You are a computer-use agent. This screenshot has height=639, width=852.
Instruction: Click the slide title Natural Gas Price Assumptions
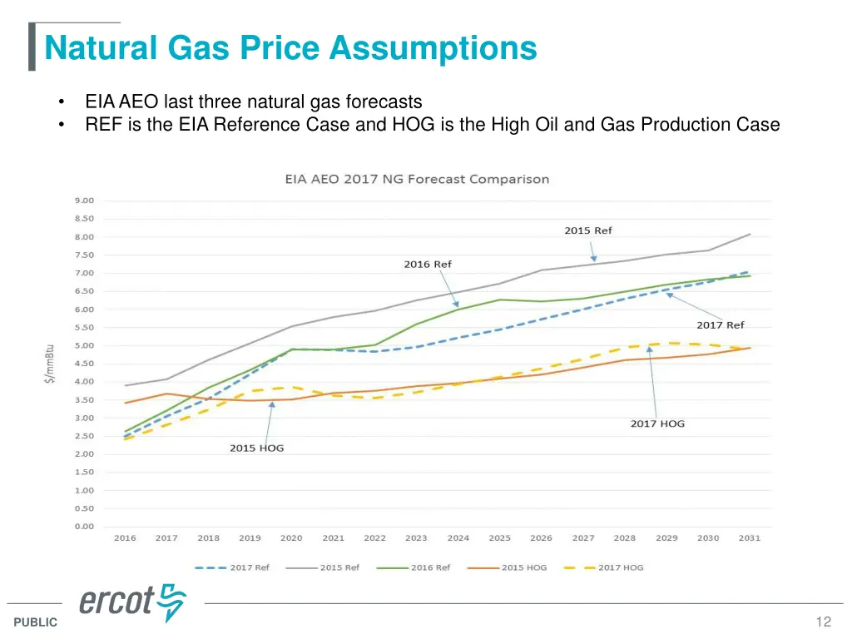click(x=290, y=47)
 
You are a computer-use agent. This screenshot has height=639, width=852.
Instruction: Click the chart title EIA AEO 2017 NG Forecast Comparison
click(x=417, y=179)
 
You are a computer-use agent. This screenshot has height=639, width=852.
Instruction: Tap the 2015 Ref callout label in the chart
click(x=587, y=230)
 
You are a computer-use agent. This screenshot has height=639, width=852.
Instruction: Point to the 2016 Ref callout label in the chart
click(x=428, y=265)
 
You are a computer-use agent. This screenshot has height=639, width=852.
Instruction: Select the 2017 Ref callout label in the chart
click(x=720, y=325)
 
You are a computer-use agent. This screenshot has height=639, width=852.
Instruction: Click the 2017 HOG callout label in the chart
click(x=657, y=424)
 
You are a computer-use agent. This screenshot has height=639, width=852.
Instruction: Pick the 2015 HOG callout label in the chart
click(x=256, y=448)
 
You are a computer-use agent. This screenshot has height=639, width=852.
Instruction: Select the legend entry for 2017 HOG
click(x=603, y=567)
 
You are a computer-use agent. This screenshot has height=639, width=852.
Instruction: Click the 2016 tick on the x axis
click(x=125, y=538)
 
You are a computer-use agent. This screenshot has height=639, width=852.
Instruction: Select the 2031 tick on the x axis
click(x=750, y=538)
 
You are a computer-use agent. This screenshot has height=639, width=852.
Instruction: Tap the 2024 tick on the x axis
click(x=458, y=538)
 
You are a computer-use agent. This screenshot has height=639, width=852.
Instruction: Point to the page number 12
click(x=824, y=622)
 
